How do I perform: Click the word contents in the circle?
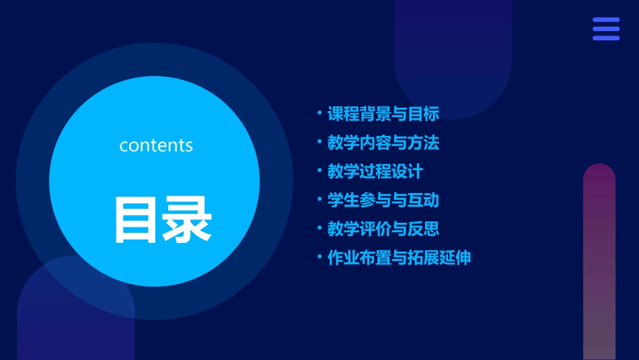point(156,145)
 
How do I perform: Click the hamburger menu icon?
point(606,29)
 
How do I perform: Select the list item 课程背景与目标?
point(383,114)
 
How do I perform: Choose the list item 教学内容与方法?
point(383,143)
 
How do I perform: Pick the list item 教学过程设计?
point(375,172)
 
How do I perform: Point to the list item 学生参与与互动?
point(383,201)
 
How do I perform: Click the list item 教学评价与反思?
point(383,229)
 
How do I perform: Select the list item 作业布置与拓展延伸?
point(399,258)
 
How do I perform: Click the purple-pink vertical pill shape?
point(599,262)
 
